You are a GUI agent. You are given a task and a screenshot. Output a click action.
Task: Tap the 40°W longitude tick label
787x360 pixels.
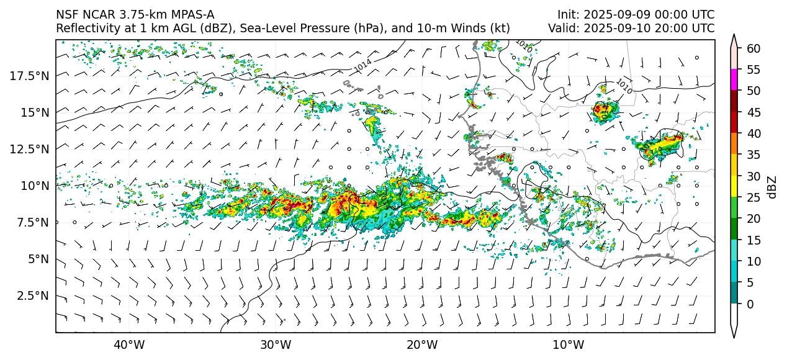(129, 345)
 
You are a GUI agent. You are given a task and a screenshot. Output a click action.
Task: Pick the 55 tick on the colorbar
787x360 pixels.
(753, 70)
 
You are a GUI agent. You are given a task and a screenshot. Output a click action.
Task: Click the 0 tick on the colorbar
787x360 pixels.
(750, 304)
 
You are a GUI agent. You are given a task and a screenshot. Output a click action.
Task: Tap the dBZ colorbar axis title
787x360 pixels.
(772, 187)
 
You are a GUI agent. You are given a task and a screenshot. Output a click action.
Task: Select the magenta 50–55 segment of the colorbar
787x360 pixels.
(734, 80)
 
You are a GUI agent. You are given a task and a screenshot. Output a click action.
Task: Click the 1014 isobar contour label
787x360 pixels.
(362, 64)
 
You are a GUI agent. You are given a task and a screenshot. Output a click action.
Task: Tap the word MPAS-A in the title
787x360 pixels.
(186, 15)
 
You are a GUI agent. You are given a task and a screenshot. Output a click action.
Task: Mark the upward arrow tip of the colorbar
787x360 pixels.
(734, 36)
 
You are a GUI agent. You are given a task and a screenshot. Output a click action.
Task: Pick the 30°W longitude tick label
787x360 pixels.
(276, 345)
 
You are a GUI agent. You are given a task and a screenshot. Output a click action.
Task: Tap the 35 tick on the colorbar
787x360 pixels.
(753, 155)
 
